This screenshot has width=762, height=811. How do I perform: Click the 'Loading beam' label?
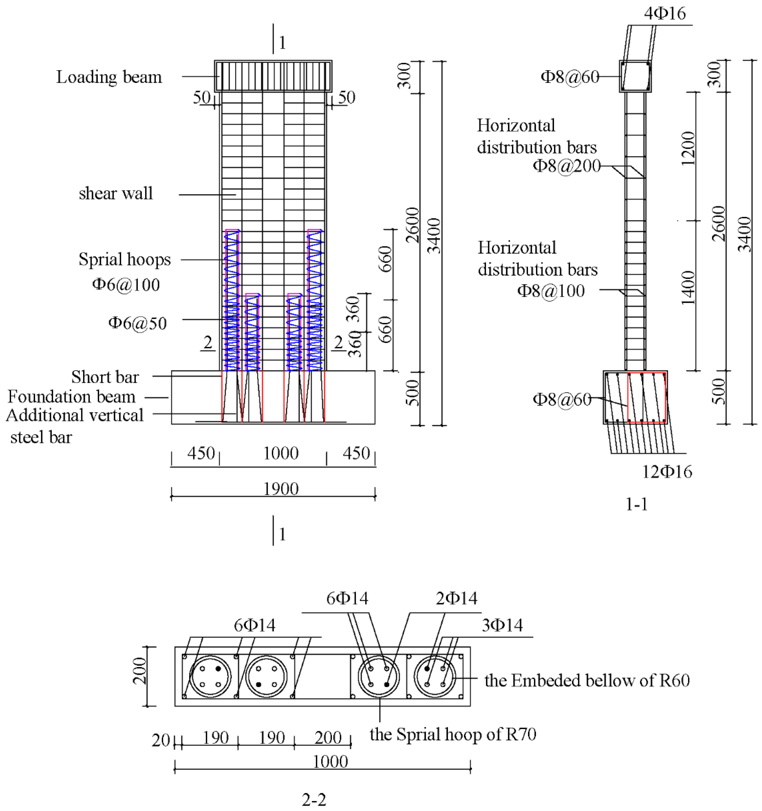click(x=109, y=77)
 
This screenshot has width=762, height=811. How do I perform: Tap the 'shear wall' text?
click(x=116, y=193)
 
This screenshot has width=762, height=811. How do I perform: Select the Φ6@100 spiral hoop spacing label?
click(x=126, y=284)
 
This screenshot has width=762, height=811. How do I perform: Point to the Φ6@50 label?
click(x=138, y=323)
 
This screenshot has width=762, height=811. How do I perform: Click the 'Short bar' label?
click(x=105, y=377)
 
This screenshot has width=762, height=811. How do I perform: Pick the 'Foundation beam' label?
click(x=72, y=397)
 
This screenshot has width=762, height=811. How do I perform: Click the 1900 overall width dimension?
click(x=281, y=489)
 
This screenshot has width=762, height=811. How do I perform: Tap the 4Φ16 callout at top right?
click(x=665, y=14)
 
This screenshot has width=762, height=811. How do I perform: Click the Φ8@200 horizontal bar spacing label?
click(x=566, y=166)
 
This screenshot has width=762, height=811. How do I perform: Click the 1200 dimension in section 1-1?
click(x=688, y=148)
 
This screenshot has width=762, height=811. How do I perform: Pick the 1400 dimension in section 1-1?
click(x=688, y=288)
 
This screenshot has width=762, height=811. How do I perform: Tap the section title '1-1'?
click(x=636, y=505)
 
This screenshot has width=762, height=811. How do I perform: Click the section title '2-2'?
click(x=314, y=799)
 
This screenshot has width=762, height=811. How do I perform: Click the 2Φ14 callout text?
click(x=456, y=598)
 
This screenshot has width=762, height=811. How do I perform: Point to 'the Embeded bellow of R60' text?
click(x=587, y=680)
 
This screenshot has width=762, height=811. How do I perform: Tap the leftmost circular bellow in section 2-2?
click(x=210, y=676)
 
